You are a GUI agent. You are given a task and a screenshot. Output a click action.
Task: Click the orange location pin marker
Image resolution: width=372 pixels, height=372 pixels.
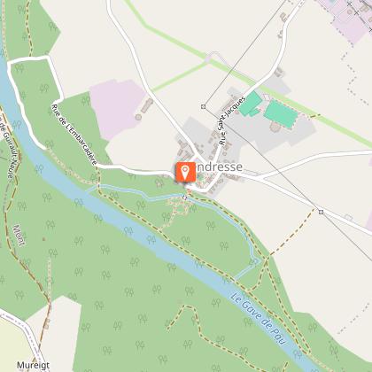pyautogui.click(x=185, y=173)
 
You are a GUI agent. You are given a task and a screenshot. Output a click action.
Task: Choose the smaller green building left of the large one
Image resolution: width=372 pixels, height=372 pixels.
pyautogui.click(x=251, y=104)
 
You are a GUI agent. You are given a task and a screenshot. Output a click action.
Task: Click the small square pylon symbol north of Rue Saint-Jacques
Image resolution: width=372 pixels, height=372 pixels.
pyautogui.click(x=203, y=106)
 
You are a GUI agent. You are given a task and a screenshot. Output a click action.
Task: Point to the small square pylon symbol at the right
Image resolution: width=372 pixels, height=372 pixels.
pyautogui.click(x=320, y=212)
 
